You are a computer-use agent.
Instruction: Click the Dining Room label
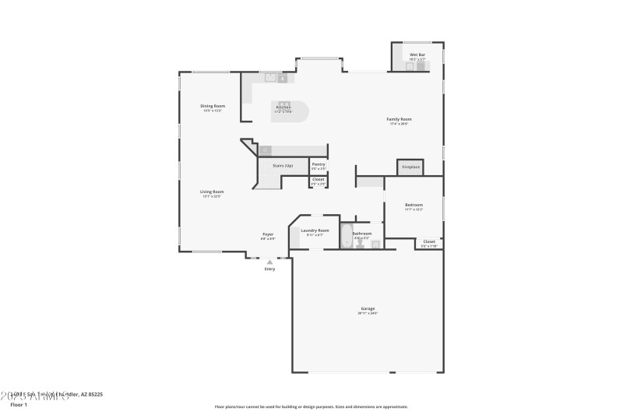[213, 106]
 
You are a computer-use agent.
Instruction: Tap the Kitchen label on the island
[283, 107]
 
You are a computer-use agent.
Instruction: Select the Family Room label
[399, 118]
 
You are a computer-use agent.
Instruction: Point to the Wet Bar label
[417, 55]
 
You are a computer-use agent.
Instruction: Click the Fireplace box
[410, 167]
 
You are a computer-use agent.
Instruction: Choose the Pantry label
[319, 164]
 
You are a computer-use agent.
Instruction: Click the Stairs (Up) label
[283, 166]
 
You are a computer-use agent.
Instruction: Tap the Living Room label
[213, 192]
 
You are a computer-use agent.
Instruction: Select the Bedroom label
[414, 205]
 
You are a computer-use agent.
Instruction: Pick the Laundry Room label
[315, 230]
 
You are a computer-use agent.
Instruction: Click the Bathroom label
[362, 233]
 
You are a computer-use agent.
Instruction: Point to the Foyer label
[268, 234]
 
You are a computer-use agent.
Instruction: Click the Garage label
[368, 309]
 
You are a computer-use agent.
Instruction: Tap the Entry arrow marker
[269, 262]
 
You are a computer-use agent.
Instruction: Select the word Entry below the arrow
[269, 269]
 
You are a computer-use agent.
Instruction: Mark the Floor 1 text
[19, 405]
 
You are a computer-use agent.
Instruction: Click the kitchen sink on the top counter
[273, 77]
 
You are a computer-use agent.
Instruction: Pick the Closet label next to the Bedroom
[429, 241]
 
